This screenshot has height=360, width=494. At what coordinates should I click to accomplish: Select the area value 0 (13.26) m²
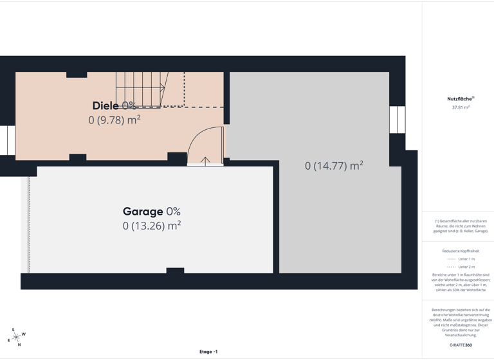click(152, 226)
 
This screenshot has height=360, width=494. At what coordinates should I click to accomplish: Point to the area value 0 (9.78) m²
click(114, 120)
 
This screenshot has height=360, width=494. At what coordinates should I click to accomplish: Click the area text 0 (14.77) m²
click(334, 166)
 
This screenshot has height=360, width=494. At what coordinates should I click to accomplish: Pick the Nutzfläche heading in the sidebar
click(461, 99)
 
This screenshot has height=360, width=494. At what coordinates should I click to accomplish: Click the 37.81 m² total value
click(461, 107)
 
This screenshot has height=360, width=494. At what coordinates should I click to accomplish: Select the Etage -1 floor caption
click(208, 352)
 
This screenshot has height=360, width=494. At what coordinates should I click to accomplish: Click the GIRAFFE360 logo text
click(461, 345)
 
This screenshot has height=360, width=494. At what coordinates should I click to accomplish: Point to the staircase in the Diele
click(142, 89)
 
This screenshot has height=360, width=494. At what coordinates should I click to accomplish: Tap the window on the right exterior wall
click(398, 120)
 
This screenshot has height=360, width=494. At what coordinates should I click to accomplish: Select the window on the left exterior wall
click(8, 140)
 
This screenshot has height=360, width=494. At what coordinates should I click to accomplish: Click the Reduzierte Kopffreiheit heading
click(461, 251)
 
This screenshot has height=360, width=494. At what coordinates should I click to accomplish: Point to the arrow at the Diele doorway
click(206, 161)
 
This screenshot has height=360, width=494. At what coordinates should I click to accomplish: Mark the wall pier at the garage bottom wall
click(175, 271)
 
